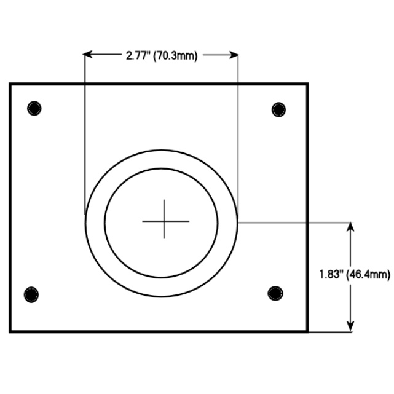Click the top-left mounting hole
coord(35,109)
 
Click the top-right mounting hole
coord(279,109)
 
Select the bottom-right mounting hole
coord(276,293)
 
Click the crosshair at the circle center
coord(165,219)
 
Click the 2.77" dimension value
coord(138,56)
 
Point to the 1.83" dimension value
coord(331,274)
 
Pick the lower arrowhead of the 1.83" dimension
coord(351,327)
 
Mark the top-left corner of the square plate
coord(10,84)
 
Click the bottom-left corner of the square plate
coord(10,331)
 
